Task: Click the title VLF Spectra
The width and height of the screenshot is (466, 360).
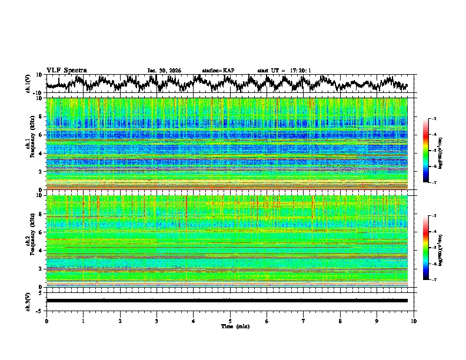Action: pyautogui.click(x=66, y=70)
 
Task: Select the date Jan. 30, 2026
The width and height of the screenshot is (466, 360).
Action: pyautogui.click(x=164, y=71)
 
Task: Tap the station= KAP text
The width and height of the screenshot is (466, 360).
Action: pyautogui.click(x=218, y=71)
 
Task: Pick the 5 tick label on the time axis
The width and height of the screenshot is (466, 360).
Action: pyautogui.click(x=230, y=321)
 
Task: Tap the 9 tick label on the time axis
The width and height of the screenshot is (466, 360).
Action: pyautogui.click(x=377, y=321)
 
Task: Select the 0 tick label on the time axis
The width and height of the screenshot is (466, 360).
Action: pyautogui.click(x=46, y=321)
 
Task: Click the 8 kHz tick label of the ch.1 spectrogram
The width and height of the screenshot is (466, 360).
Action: pyautogui.click(x=40, y=116)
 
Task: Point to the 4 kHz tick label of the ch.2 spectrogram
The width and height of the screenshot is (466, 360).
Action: pyautogui.click(x=40, y=251)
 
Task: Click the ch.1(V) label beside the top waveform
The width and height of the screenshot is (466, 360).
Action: pyautogui.click(x=28, y=84)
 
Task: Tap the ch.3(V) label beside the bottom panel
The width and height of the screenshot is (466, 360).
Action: pyautogui.click(x=28, y=301)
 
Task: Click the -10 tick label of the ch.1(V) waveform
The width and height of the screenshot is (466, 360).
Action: pyautogui.click(x=37, y=93)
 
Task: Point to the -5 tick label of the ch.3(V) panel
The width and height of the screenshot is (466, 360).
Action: pyautogui.click(x=38, y=310)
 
